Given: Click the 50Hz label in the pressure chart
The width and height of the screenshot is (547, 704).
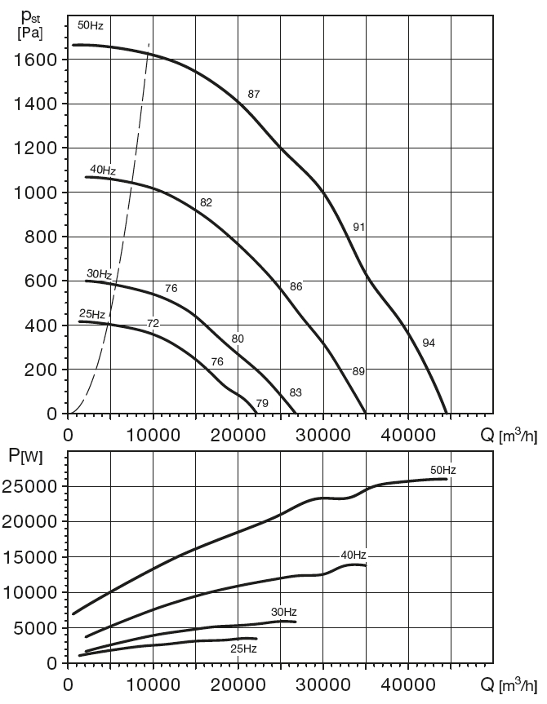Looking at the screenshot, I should pyautogui.click(x=91, y=25).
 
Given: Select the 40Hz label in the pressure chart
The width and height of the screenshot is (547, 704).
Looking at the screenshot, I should pyautogui.click(x=103, y=170).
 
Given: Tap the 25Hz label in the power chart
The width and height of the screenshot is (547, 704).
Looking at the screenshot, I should pyautogui.click(x=243, y=649).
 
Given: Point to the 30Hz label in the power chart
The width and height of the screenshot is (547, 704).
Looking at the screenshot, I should pyautogui.click(x=283, y=612).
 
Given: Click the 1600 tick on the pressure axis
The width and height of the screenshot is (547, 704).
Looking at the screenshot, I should pyautogui.click(x=35, y=60).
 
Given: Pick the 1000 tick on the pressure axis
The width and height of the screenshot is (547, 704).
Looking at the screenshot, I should pyautogui.click(x=35, y=193).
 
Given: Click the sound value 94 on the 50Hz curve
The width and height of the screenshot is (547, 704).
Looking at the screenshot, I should pyautogui.click(x=429, y=343).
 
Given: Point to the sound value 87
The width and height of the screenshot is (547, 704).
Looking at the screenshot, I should pyautogui.click(x=254, y=95).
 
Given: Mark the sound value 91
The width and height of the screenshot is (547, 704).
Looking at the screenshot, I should pyautogui.click(x=358, y=227).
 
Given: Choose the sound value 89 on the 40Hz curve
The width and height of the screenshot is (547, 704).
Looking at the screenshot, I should pyautogui.click(x=358, y=371).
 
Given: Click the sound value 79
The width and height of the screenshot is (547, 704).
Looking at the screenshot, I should pyautogui.click(x=262, y=403).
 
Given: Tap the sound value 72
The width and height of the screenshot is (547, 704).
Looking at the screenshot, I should pyautogui.click(x=153, y=323).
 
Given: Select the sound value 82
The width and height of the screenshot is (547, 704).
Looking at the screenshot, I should pyautogui.click(x=206, y=202).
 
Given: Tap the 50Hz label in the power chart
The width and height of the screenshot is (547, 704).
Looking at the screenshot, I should pyautogui.click(x=442, y=470).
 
